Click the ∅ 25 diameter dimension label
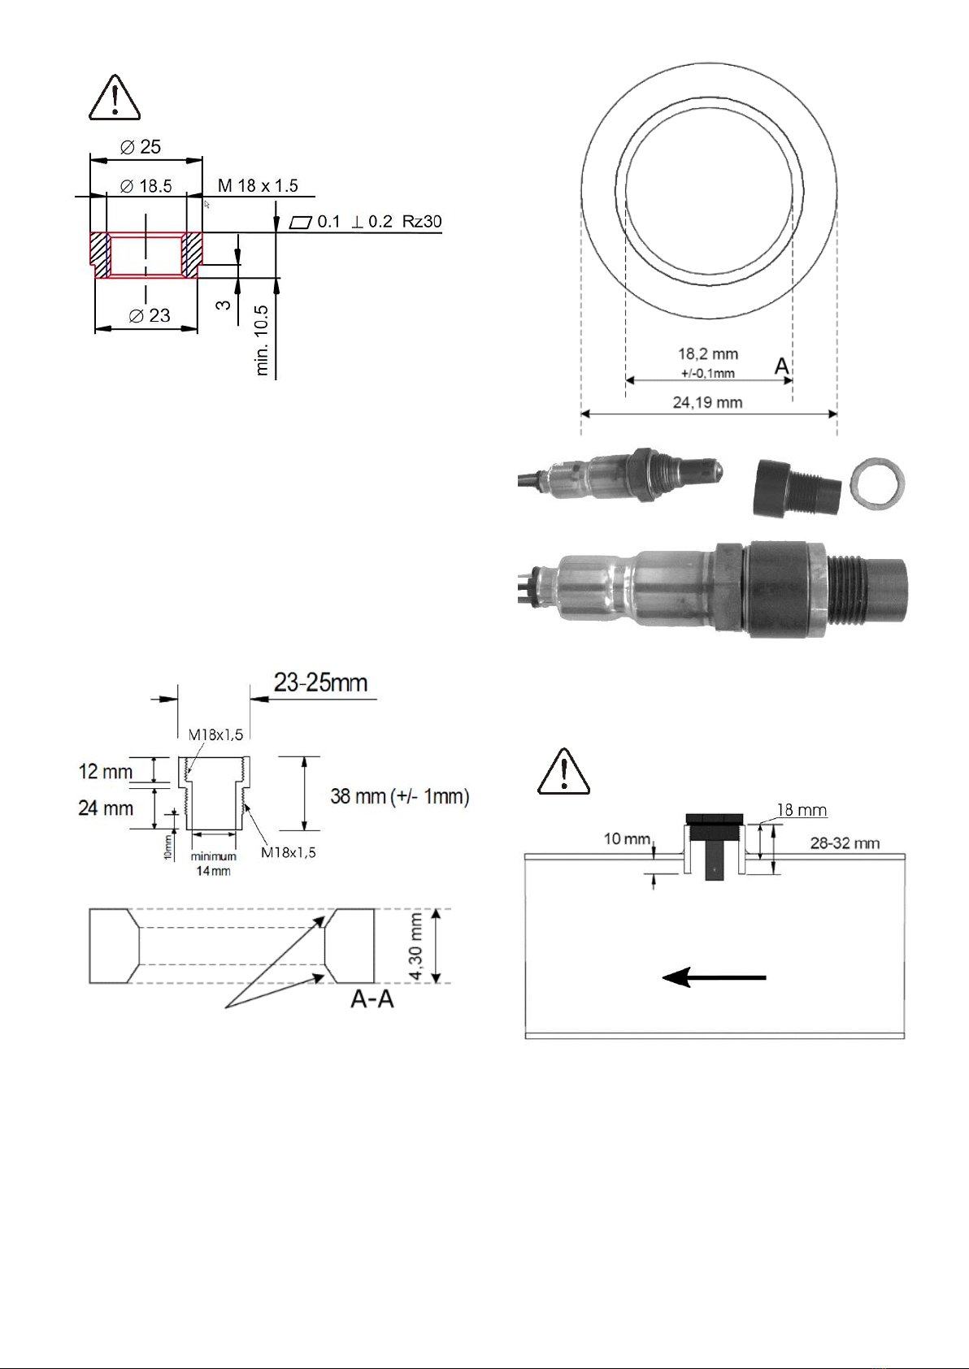(141, 147)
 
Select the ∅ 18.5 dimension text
(146, 186)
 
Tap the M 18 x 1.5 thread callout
(258, 186)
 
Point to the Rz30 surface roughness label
(422, 222)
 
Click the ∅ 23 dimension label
(150, 315)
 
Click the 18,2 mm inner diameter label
(708, 354)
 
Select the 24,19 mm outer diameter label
(707, 402)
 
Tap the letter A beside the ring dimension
(781, 367)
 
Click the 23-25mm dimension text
(320, 682)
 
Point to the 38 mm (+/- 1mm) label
(400, 796)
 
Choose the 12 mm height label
(105, 771)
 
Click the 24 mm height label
(105, 808)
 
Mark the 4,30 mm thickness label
(415, 947)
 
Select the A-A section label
(372, 999)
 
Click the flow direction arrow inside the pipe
(714, 977)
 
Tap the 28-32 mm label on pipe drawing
(845, 843)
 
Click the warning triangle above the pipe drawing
(563, 771)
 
